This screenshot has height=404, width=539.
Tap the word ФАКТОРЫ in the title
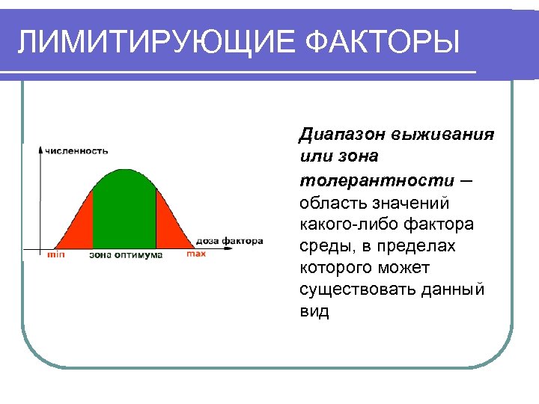click(x=382, y=42)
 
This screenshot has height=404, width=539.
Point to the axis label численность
click(x=76, y=150)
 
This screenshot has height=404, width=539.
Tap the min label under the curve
click(x=56, y=254)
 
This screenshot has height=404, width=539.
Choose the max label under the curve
click(x=196, y=254)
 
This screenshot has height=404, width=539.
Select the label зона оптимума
click(x=125, y=254)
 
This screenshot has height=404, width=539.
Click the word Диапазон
click(x=337, y=135)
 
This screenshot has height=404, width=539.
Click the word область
click(x=329, y=202)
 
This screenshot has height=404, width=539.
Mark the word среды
click(x=323, y=245)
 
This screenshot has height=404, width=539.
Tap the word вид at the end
click(x=314, y=310)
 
